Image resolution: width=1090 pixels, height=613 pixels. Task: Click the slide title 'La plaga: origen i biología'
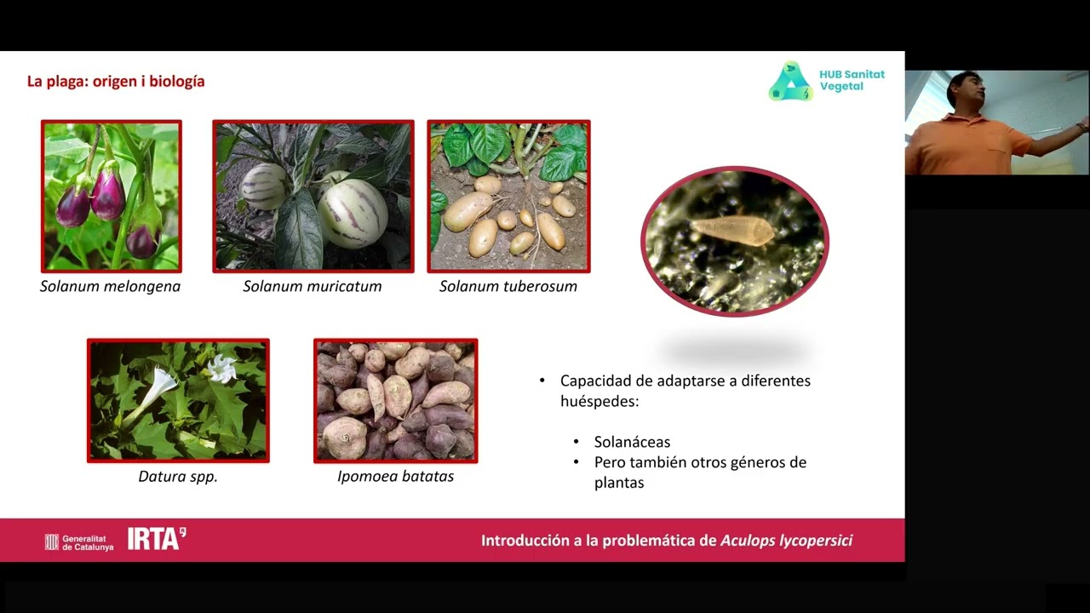click(x=116, y=82)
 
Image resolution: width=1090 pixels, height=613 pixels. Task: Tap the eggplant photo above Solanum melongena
click(x=112, y=196)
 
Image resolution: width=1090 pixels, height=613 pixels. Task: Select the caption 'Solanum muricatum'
click(x=313, y=286)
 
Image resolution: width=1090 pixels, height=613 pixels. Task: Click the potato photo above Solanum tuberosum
click(x=508, y=196)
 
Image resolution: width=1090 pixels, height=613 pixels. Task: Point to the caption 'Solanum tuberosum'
click(x=508, y=286)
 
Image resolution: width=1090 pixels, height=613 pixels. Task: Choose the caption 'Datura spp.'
click(x=178, y=477)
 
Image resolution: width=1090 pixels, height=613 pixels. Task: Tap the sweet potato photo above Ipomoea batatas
click(x=396, y=401)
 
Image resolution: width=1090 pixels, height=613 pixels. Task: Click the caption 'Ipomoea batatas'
click(x=395, y=477)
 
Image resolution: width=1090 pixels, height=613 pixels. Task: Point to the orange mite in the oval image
click(x=731, y=230)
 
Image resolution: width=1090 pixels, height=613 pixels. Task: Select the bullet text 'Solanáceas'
click(x=632, y=442)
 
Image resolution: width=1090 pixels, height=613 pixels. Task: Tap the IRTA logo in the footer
click(x=156, y=539)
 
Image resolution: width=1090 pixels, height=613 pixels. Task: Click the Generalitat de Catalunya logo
click(x=78, y=541)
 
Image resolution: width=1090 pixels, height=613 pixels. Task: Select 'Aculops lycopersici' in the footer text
click(x=786, y=541)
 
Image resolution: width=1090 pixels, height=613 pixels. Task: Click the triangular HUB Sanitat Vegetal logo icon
click(x=789, y=83)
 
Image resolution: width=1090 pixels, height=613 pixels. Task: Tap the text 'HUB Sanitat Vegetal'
click(x=852, y=80)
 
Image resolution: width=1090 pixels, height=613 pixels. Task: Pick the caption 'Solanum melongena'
click(x=111, y=286)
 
